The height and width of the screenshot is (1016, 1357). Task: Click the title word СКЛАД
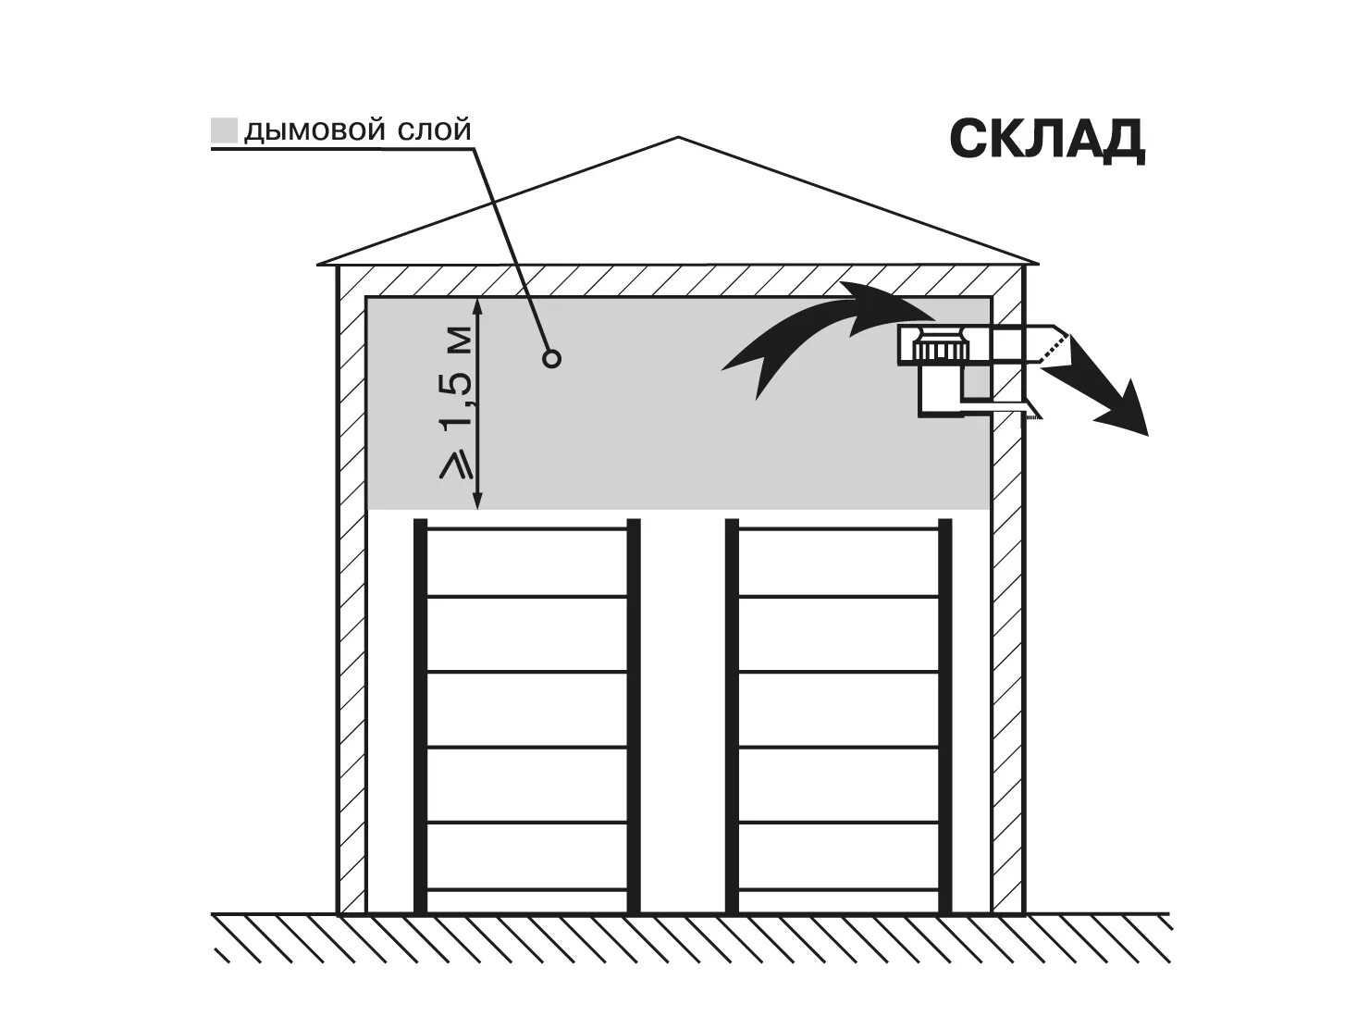click(1047, 141)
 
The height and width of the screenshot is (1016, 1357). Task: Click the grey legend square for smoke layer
click(225, 130)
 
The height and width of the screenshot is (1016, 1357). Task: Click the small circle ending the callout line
click(552, 358)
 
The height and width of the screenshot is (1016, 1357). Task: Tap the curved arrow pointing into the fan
click(814, 333)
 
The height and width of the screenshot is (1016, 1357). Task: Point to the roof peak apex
click(679, 139)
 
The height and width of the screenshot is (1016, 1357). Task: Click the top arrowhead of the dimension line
click(477, 304)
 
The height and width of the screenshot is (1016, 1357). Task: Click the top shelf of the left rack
click(526, 529)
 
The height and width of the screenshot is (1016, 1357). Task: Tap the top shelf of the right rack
click(838, 529)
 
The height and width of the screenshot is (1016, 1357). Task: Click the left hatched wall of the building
click(351, 592)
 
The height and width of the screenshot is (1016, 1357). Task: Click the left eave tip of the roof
click(318, 264)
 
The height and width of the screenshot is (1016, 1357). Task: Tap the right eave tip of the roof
click(1038, 264)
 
